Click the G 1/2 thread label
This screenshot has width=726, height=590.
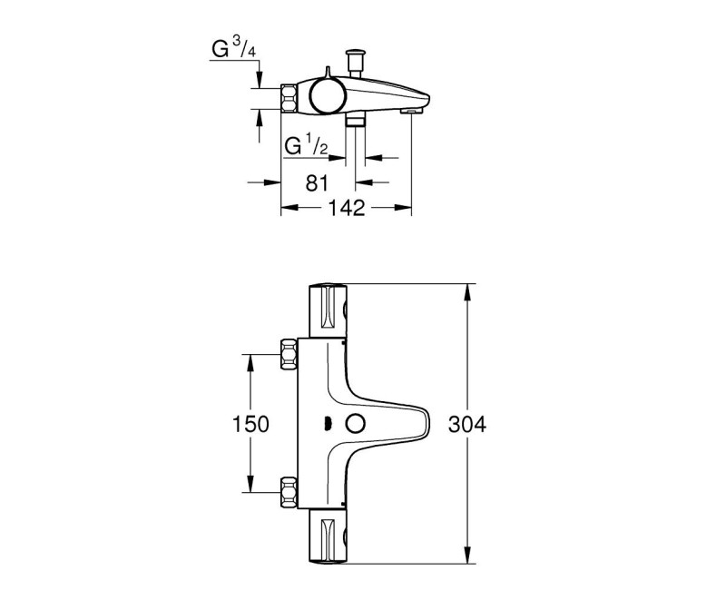point(305,146)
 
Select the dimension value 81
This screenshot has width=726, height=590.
point(316,182)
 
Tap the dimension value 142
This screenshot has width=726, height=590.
point(346,209)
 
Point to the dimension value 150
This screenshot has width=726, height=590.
point(250,423)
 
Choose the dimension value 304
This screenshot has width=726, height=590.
point(467,424)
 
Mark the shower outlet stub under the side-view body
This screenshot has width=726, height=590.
point(355,120)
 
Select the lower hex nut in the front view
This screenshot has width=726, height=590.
point(290,491)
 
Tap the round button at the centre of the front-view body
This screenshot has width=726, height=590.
point(354,423)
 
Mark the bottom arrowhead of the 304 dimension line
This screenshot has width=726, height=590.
point(467,556)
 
